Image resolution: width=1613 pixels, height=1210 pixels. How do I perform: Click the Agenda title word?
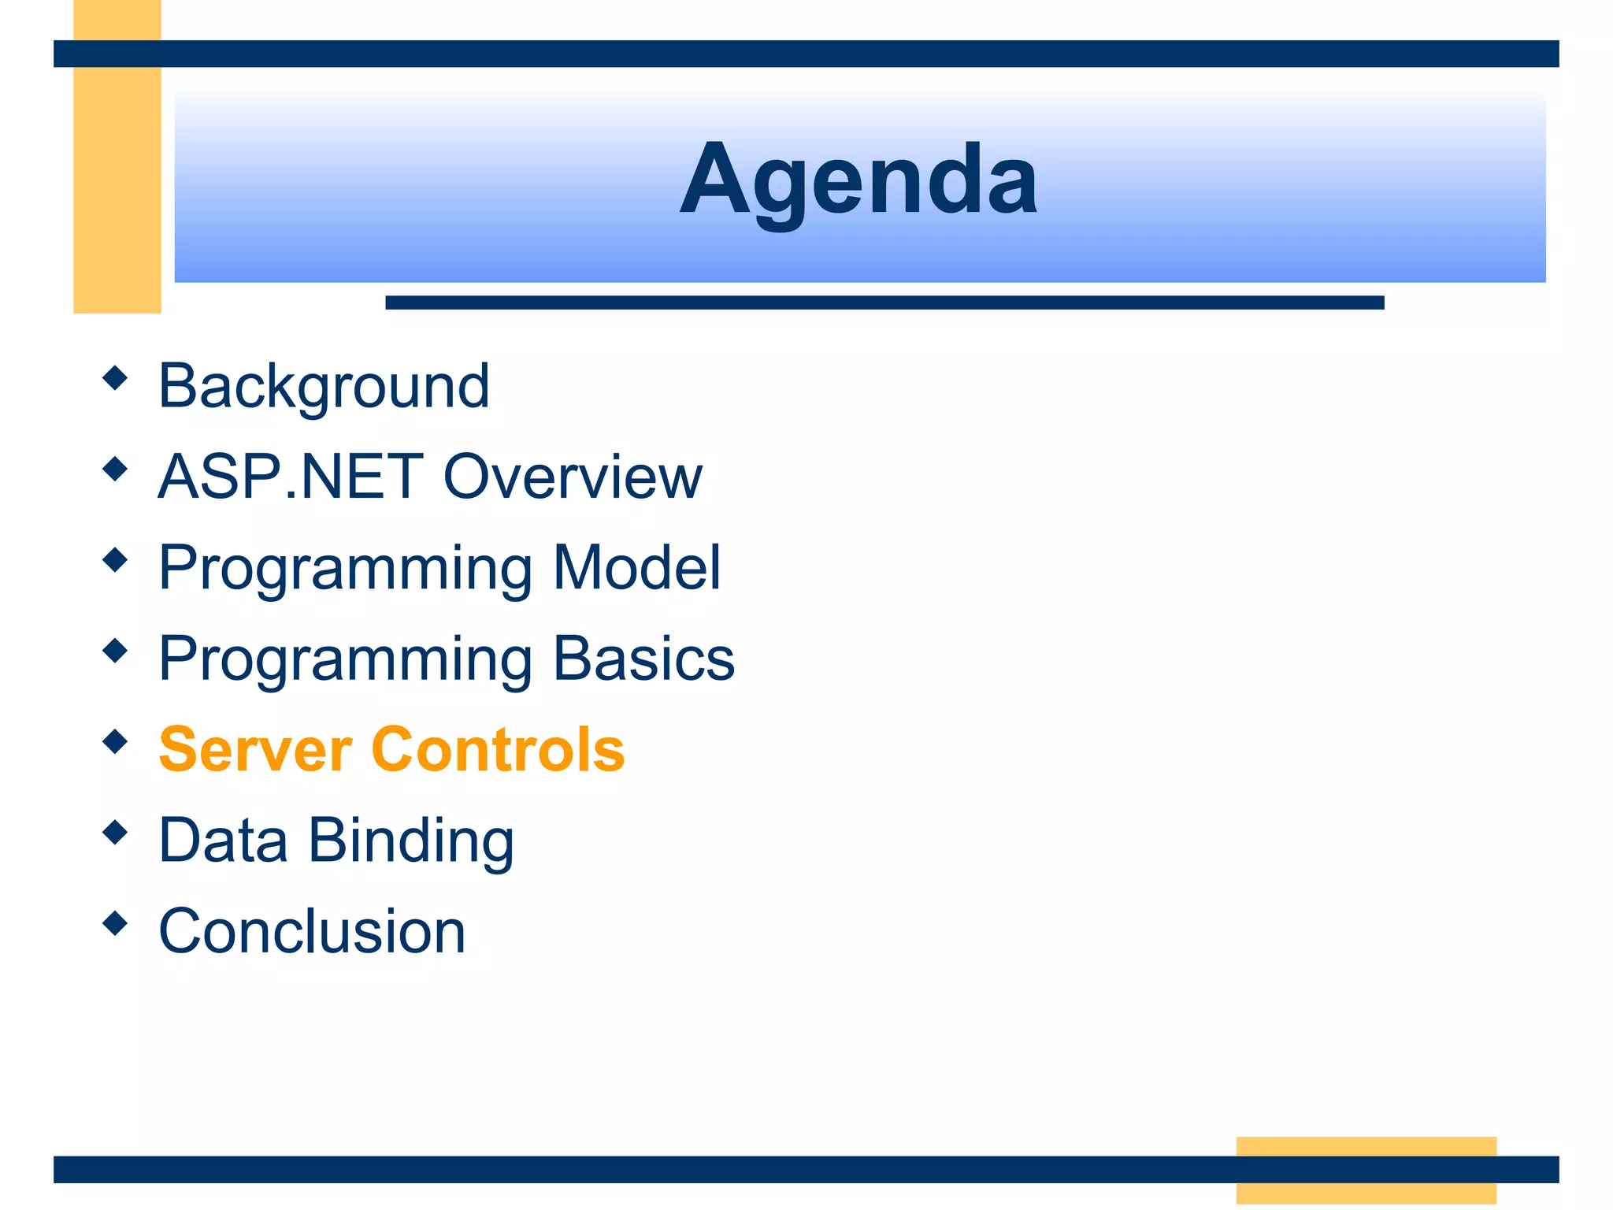point(858,180)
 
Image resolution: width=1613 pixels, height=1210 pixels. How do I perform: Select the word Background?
point(324,386)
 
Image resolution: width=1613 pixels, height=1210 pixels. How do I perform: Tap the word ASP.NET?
point(291,477)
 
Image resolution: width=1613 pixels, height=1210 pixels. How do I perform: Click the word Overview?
point(573,477)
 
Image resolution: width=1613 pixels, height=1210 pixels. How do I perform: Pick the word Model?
point(636,567)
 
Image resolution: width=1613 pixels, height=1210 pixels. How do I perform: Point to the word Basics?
point(643,659)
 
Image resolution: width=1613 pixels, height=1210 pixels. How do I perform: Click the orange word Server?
point(255,749)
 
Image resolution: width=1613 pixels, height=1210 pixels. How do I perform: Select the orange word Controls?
point(498,749)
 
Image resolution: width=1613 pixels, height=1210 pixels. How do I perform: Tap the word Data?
point(223,841)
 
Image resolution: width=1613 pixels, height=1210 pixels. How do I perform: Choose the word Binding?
point(411,841)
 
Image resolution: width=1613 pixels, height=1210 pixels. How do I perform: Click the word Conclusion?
point(312,931)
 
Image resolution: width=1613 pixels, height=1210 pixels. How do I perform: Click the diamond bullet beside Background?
point(115,378)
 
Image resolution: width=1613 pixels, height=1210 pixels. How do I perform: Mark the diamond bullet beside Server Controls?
point(115,741)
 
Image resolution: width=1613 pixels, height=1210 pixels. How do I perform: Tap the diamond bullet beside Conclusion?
point(115,923)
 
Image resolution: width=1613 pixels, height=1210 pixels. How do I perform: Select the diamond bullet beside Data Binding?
point(115,833)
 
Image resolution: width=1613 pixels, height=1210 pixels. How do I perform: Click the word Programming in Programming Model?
point(345,569)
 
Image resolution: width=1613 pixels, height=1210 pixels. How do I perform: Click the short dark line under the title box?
point(884,302)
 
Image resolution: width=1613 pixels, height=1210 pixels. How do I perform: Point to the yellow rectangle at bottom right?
point(1366,1170)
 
